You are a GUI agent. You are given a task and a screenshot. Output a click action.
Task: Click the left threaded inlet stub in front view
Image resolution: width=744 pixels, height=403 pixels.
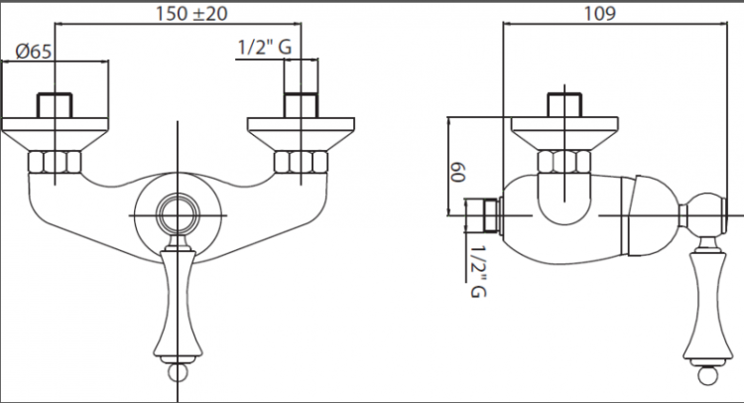[54, 105]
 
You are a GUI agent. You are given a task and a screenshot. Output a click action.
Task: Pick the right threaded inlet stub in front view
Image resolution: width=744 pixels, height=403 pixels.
[300, 105]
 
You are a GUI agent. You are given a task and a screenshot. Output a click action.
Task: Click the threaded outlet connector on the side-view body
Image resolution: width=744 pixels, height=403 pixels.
[483, 212]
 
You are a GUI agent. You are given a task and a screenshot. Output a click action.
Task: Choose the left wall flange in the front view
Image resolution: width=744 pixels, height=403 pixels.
[54, 131]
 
